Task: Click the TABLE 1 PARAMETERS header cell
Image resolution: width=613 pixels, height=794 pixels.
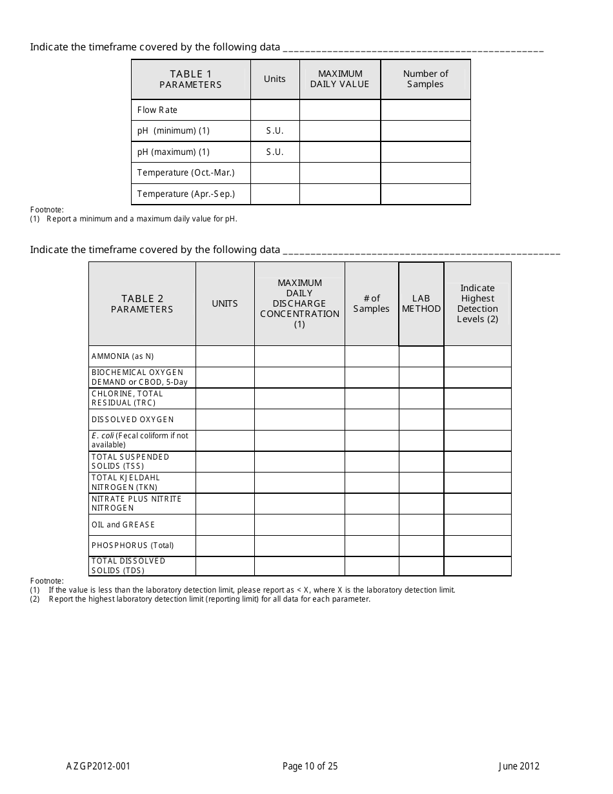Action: click(x=190, y=79)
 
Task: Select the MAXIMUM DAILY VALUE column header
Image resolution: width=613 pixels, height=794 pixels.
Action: click(x=340, y=79)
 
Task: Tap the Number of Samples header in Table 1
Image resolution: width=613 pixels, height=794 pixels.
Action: click(x=425, y=79)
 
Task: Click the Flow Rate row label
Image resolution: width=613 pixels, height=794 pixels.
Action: click(x=157, y=110)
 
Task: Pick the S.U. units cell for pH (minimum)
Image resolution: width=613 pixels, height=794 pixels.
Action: click(x=275, y=131)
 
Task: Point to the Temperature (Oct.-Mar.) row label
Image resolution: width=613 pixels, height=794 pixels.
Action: click(x=186, y=173)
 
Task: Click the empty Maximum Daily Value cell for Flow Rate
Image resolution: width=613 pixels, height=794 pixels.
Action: click(x=340, y=110)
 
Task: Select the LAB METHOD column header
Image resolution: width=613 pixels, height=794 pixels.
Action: click(x=421, y=304)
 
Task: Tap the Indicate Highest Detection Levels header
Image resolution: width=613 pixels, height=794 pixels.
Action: click(x=477, y=304)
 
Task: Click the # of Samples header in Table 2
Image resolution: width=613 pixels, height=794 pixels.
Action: click(x=372, y=304)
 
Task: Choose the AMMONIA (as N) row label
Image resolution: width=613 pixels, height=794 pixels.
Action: click(x=123, y=356)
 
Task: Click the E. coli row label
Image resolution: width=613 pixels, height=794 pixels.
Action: click(x=140, y=440)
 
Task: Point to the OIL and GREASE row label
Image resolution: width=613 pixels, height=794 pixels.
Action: click(x=123, y=525)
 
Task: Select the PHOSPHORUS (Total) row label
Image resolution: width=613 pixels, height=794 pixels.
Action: click(x=132, y=546)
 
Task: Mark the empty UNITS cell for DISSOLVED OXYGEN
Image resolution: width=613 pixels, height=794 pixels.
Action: click(x=225, y=420)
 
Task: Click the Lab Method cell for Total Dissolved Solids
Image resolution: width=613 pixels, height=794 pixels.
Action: click(x=421, y=566)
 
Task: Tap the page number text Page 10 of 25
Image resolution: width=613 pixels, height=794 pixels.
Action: click(x=310, y=767)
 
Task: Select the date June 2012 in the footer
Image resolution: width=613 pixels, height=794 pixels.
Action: click(x=519, y=767)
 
